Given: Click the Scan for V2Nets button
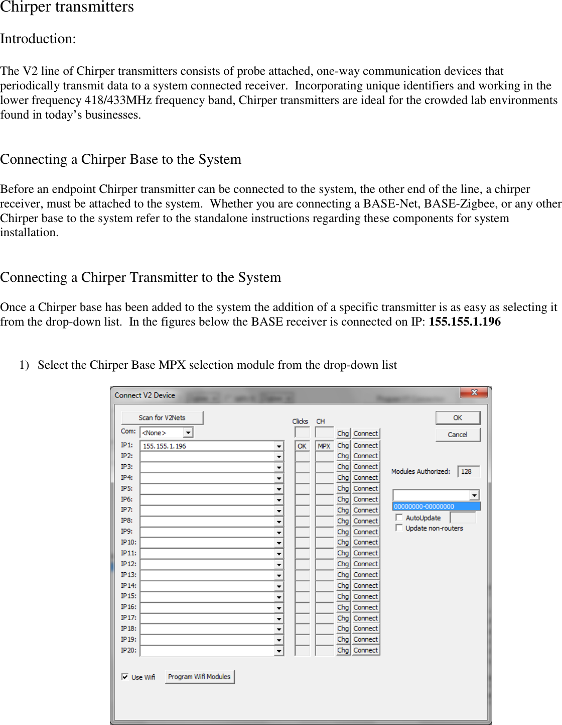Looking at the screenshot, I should pyautogui.click(x=162, y=418).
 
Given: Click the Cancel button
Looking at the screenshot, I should pyautogui.click(x=457, y=435).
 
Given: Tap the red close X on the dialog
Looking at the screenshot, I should pyautogui.click(x=473, y=392).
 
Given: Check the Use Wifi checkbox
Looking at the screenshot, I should pyautogui.click(x=125, y=677).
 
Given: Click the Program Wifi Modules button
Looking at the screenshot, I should pyautogui.click(x=199, y=677).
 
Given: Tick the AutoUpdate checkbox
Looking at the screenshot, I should pyautogui.click(x=399, y=517).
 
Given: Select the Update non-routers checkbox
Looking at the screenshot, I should pyautogui.click(x=399, y=528).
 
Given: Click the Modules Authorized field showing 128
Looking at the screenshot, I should pyautogui.click(x=468, y=471).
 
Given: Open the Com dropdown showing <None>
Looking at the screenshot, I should pyautogui.click(x=188, y=433).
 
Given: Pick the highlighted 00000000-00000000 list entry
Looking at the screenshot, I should pyautogui.click(x=436, y=506).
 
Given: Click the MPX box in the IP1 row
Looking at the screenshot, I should pyautogui.click(x=324, y=446).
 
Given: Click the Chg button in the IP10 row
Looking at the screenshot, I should pyautogui.click(x=343, y=542).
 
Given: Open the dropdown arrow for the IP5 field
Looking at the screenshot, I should pyautogui.click(x=279, y=489).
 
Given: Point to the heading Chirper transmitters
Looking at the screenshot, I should pyautogui.click(x=67, y=7).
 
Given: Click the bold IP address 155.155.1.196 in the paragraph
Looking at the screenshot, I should pyautogui.click(x=465, y=322).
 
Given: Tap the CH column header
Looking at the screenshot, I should pyautogui.click(x=321, y=422).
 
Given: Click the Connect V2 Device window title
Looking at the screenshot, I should pyautogui.click(x=145, y=395).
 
